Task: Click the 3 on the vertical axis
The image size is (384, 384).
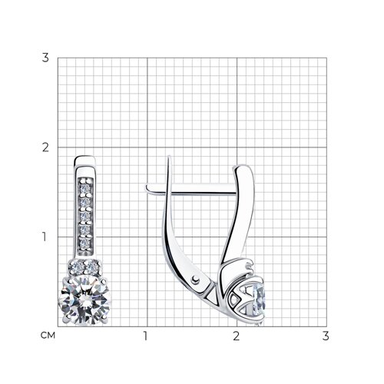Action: click(45, 58)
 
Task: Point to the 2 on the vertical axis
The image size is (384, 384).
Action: click(45, 147)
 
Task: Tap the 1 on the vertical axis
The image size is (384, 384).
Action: click(45, 237)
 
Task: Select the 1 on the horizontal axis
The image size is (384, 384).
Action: click(146, 336)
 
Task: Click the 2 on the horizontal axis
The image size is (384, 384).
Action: click(237, 336)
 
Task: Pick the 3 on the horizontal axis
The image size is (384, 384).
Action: click(326, 336)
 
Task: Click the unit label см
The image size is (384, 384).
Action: click(48, 336)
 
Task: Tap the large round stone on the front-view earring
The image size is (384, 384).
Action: click(85, 300)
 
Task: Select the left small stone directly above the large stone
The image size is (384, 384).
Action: click(76, 267)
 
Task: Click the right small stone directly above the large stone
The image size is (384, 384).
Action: click(92, 267)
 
